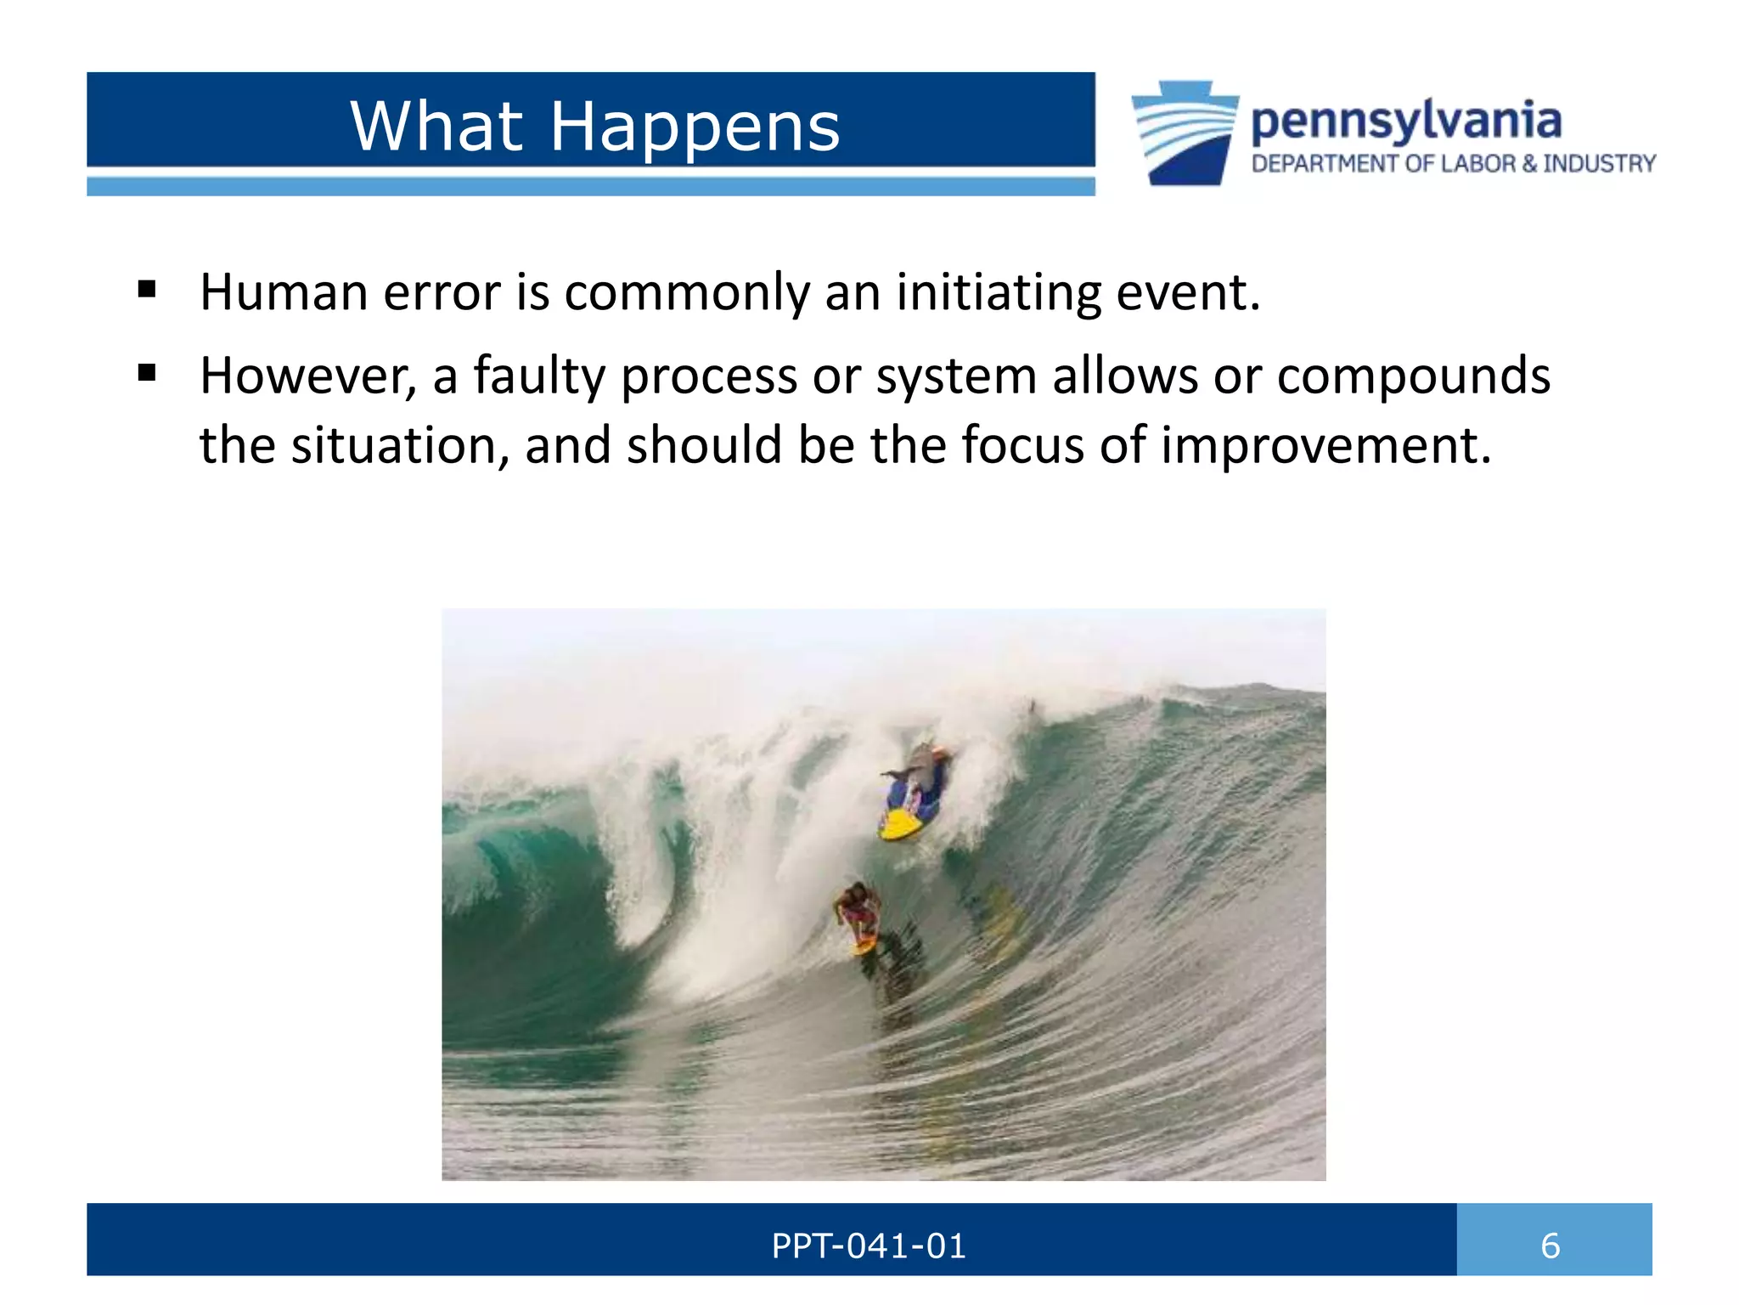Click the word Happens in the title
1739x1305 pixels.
pos(695,127)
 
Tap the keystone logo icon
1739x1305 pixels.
pos(1185,133)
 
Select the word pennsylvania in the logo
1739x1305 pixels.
pos(1405,121)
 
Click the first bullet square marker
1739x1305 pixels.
pos(147,290)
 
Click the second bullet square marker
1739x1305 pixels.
pos(147,373)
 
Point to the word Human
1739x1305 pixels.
pos(284,292)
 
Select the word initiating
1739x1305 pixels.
pos(998,292)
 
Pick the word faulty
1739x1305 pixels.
pos(539,376)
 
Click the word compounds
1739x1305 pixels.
pos(1413,376)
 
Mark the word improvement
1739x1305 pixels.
pos(1325,445)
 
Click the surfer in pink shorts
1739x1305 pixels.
pos(858,913)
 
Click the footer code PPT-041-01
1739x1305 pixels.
pos(868,1246)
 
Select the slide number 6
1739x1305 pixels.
pos(1550,1246)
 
